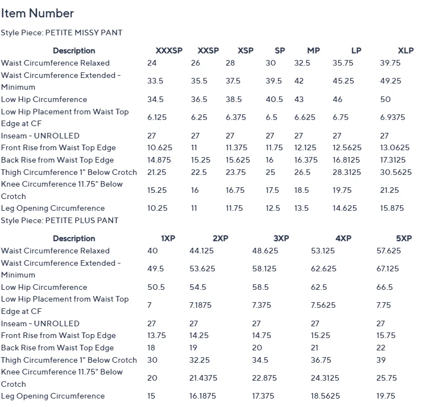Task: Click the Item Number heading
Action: (37, 13)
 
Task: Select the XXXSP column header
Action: (169, 50)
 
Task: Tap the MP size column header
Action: (313, 50)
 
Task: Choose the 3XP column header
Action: (281, 238)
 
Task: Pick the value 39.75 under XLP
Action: (390, 63)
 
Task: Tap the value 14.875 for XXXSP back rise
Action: (159, 160)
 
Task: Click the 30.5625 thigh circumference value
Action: (396, 172)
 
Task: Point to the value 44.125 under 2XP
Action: (202, 251)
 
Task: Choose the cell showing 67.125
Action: (387, 269)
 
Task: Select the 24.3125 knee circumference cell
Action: (326, 378)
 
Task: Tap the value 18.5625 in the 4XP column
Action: (326, 396)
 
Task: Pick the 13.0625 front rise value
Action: (394, 148)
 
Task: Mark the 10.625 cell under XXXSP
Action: (159, 148)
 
